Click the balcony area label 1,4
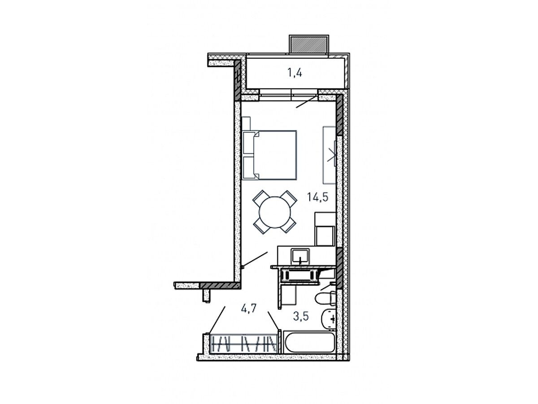[x=295, y=73]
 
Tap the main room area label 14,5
[x=318, y=197]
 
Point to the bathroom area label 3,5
[x=301, y=316]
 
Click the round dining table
[x=274, y=212]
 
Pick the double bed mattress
[x=275, y=155]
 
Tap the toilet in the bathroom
[x=325, y=298]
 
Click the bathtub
[x=309, y=343]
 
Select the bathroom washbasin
[x=329, y=319]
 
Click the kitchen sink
[x=300, y=256]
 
